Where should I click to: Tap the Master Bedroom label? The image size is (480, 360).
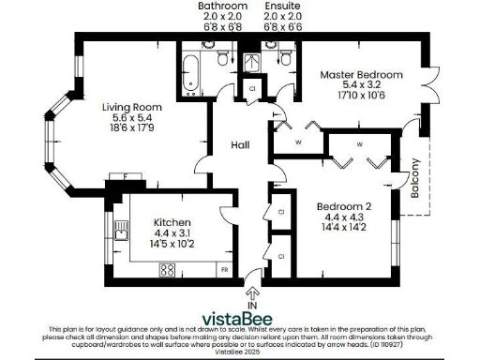pos(361,75)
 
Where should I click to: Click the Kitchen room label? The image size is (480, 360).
pos(172,223)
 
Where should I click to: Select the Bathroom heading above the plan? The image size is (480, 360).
pos(221,6)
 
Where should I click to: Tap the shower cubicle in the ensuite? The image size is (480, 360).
pos(252,62)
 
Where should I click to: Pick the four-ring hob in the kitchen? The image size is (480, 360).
pos(168,270)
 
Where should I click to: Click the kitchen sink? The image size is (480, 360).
pos(119,232)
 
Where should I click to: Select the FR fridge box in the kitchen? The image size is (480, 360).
pos(224,270)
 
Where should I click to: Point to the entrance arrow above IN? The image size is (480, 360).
pos(251,292)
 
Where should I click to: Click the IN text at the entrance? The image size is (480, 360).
pos(251,305)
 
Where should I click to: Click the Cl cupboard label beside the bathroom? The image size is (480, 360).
pos(251,89)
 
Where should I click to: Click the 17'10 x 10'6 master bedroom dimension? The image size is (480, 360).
pos(361,97)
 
